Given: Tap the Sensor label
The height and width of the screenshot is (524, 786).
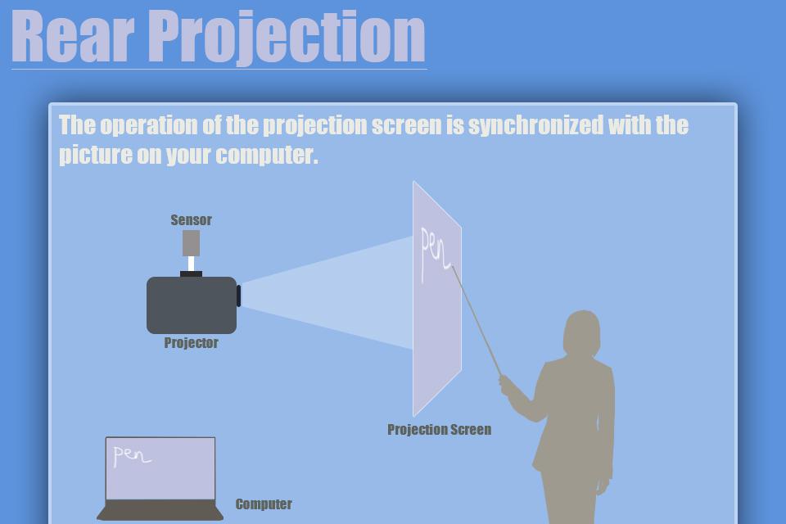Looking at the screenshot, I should coord(191,219).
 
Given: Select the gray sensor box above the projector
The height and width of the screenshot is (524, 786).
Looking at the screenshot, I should coord(191,242).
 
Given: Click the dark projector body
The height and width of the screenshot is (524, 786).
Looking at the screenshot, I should coord(191,305).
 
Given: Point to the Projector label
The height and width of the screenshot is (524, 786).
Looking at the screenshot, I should coord(191,343).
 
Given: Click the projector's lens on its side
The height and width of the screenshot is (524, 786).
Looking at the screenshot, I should coord(239,296).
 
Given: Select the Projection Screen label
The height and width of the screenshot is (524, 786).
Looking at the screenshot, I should coord(439,430).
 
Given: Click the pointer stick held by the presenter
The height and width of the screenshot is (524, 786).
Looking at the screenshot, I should coord(477,324).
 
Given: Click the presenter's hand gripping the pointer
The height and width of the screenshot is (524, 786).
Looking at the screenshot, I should coord(510,386).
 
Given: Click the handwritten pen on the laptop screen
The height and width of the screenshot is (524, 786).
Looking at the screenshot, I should coord(131,455).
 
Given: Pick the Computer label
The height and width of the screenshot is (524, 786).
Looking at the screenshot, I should coord(263,504).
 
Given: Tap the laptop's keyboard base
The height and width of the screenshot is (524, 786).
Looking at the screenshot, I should coord(160,510).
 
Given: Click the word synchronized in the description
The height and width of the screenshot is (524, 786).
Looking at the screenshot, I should coord(535,125).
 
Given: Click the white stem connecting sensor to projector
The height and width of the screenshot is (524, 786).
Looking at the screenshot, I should coord(191,264).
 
